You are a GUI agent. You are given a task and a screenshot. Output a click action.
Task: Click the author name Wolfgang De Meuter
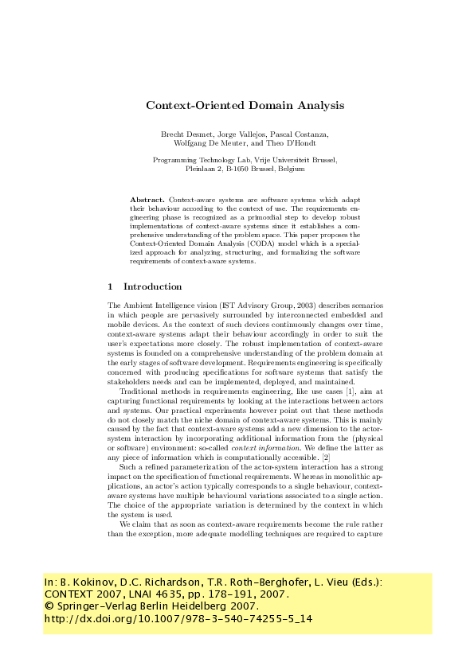[205, 144]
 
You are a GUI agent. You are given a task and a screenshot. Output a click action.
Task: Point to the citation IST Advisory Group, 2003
[252, 306]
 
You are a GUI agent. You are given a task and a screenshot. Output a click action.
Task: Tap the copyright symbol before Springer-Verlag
[48, 606]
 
